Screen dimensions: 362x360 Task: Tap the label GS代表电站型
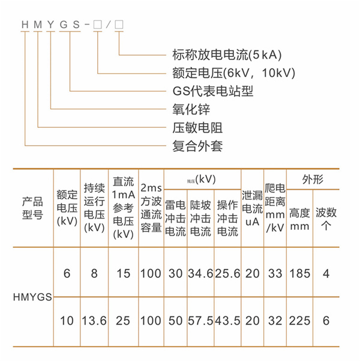click(x=209, y=92)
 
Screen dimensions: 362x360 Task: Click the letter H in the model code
click(x=25, y=25)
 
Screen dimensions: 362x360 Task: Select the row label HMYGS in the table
click(x=32, y=297)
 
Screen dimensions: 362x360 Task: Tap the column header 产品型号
click(x=32, y=207)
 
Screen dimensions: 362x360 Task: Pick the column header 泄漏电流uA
click(x=252, y=207)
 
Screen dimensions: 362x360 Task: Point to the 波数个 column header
click(x=326, y=219)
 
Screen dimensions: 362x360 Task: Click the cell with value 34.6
click(x=200, y=274)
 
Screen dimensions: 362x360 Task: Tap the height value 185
click(x=299, y=274)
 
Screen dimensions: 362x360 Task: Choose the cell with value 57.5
click(x=200, y=321)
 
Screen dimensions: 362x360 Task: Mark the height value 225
click(x=299, y=321)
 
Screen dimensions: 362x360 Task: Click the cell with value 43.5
click(x=228, y=321)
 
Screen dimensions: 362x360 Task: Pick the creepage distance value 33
click(x=275, y=274)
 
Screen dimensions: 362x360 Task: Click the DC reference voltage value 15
click(x=122, y=274)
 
